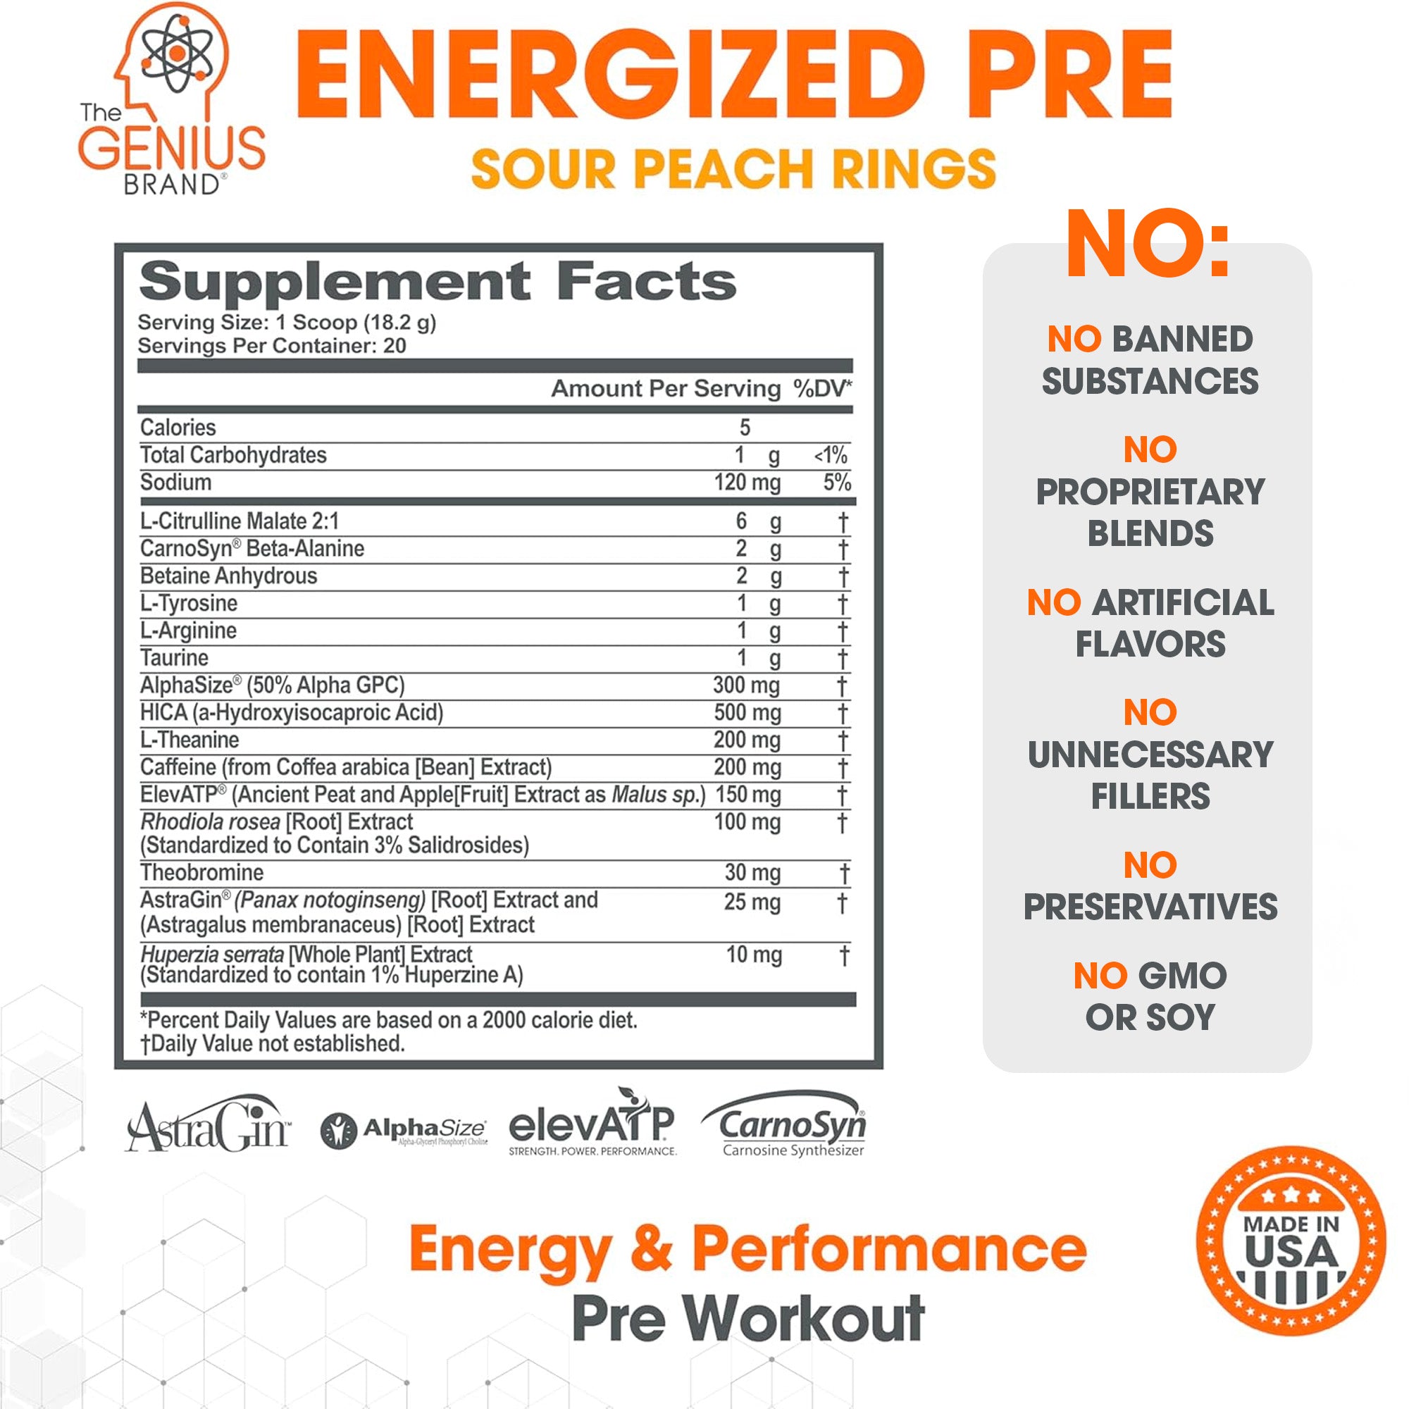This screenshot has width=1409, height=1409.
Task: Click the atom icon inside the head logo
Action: [x=177, y=53]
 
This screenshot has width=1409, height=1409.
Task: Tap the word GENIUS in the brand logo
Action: [x=171, y=149]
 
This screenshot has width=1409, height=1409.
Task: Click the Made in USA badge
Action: [x=1291, y=1241]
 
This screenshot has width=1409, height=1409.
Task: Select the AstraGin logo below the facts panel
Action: [x=208, y=1127]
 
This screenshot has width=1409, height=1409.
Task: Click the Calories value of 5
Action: [x=745, y=428]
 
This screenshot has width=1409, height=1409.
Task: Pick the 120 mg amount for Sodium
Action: [x=747, y=482]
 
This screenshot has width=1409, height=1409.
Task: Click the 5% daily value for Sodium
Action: [x=836, y=482]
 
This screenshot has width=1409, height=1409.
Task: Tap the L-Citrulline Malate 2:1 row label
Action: [x=240, y=521]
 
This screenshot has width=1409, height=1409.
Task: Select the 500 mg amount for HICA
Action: [x=747, y=712]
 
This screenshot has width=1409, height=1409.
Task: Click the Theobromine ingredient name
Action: [x=202, y=872]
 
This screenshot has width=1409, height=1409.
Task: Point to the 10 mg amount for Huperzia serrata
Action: [x=753, y=955]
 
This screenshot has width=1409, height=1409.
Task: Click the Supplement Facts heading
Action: [x=437, y=283]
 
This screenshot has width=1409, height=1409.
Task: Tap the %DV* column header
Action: [x=823, y=389]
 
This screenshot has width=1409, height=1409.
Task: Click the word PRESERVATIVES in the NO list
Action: [x=1150, y=907]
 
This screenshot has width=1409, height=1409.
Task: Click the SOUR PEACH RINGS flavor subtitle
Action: [x=733, y=169]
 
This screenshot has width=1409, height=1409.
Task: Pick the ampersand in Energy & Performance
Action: [x=651, y=1248]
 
